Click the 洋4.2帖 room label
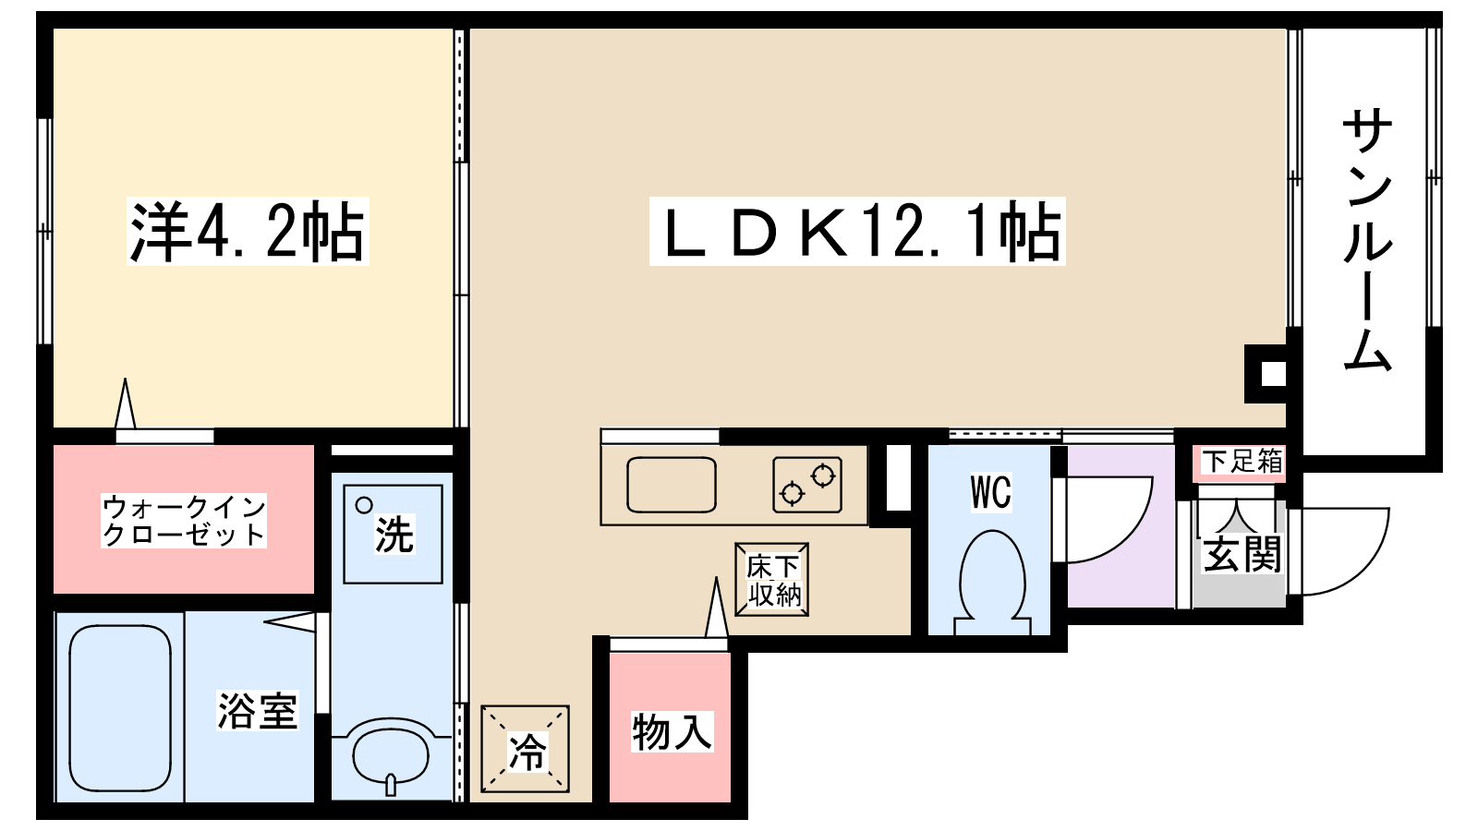(248, 232)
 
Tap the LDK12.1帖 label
(857, 232)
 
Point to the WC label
(990, 492)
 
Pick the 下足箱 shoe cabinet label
(1242, 461)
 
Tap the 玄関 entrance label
(1242, 554)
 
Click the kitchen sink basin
(671, 484)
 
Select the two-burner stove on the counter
(807, 484)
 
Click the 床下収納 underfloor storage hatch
(772, 580)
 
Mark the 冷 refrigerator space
(526, 749)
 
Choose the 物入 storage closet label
(672, 731)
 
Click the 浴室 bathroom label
(258, 710)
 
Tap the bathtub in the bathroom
(120, 707)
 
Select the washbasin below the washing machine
(392, 756)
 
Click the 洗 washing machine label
(394, 534)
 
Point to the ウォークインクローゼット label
(184, 521)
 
